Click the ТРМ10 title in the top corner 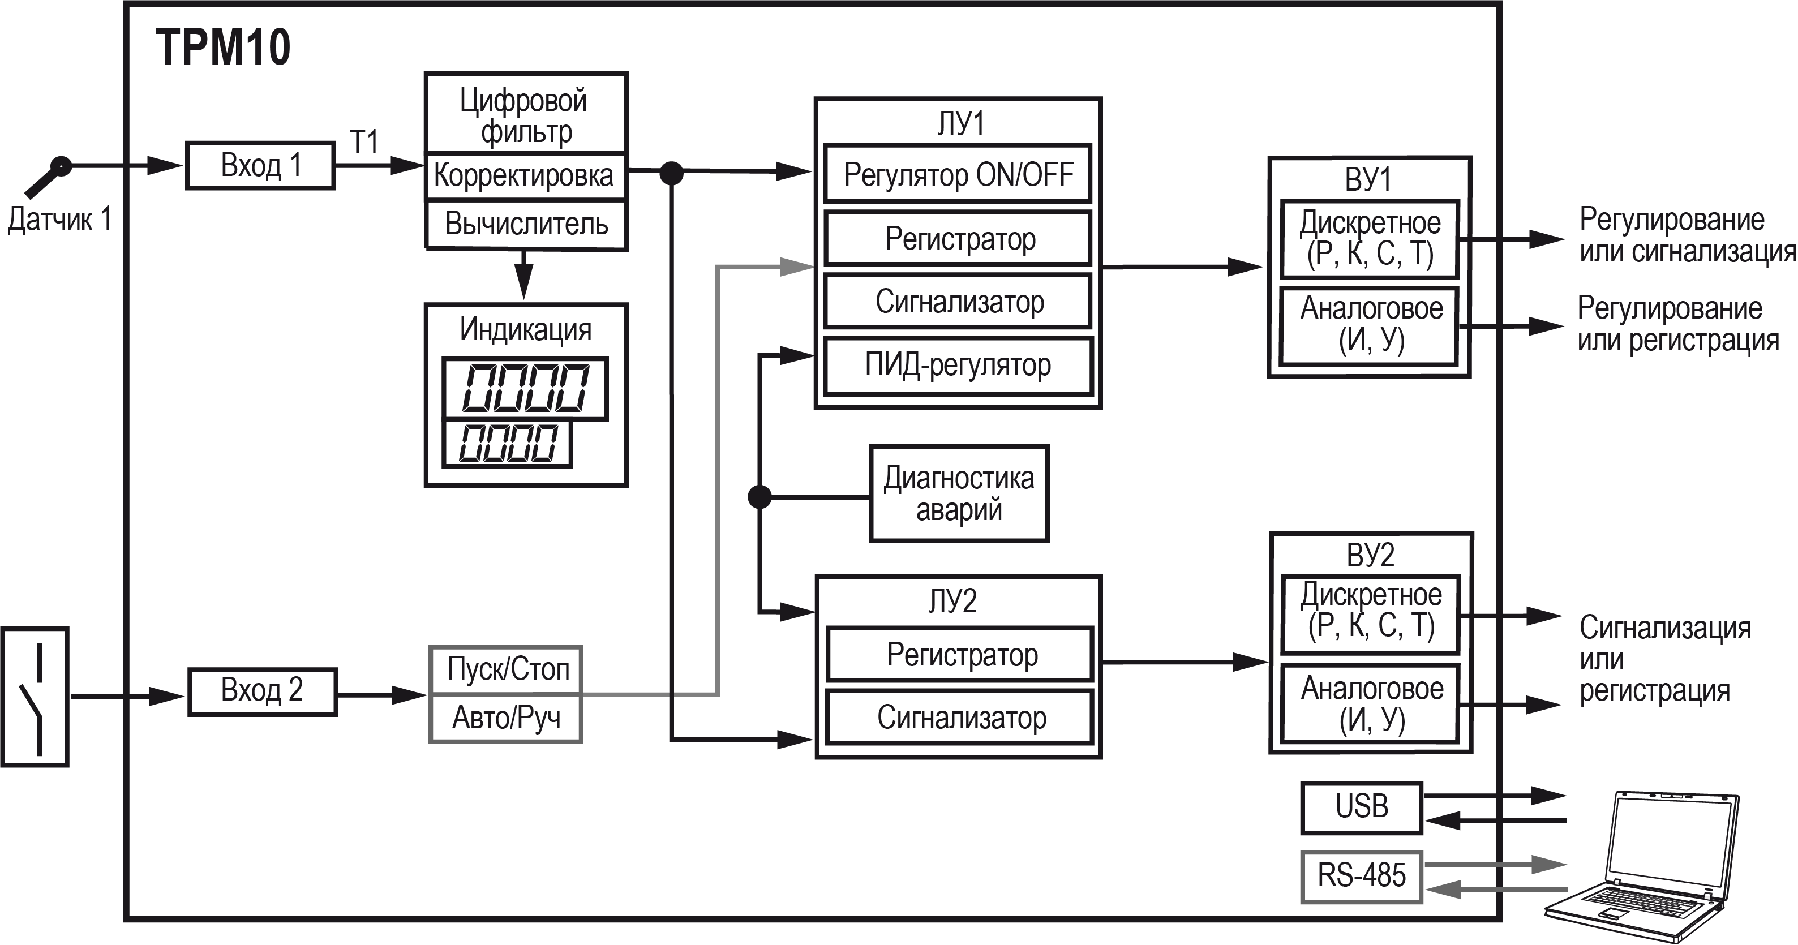222,48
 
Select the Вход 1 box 260,165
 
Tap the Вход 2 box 263,691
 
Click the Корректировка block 525,175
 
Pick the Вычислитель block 526,225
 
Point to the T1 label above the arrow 364,143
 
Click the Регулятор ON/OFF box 958,174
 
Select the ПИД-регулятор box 958,365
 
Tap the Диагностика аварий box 959,493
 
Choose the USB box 1362,807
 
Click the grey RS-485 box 1362,876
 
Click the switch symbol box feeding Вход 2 35,697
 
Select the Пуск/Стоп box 507,669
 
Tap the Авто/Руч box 507,718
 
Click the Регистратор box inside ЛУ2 960,655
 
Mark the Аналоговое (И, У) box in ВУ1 1370,325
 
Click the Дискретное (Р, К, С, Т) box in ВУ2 1371,612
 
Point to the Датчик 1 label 59,219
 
